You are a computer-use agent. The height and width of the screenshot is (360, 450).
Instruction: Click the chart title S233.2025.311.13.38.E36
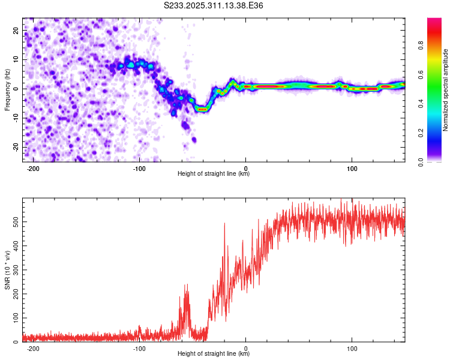(x=214, y=5)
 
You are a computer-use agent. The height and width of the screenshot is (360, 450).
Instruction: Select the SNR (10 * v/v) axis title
(x=7, y=270)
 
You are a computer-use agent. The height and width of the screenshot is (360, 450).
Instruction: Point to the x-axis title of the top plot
(x=214, y=173)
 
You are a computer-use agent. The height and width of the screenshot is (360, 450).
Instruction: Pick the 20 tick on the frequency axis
(x=16, y=30)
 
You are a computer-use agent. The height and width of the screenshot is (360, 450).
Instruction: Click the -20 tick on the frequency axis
(x=15, y=147)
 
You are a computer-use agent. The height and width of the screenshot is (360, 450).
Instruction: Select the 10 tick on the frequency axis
(x=16, y=59)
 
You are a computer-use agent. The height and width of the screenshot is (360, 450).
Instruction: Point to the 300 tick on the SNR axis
(x=14, y=270)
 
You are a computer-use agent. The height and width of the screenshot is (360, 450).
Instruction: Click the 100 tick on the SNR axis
(x=14, y=318)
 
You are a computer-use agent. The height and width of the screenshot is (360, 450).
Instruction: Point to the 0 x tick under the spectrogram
(x=246, y=167)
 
